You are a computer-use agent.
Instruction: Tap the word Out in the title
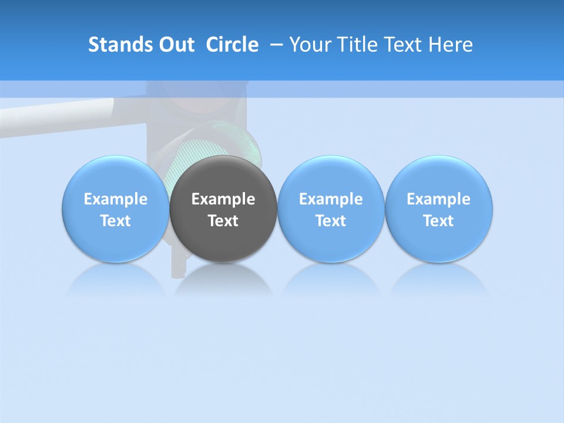(176, 45)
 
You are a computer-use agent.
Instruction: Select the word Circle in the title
(232, 45)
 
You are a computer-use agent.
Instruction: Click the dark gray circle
(223, 235)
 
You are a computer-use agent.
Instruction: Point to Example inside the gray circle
(223, 199)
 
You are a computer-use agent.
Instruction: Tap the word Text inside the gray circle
(223, 221)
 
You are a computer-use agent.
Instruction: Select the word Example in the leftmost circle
(116, 199)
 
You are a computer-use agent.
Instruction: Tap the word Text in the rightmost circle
(439, 221)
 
